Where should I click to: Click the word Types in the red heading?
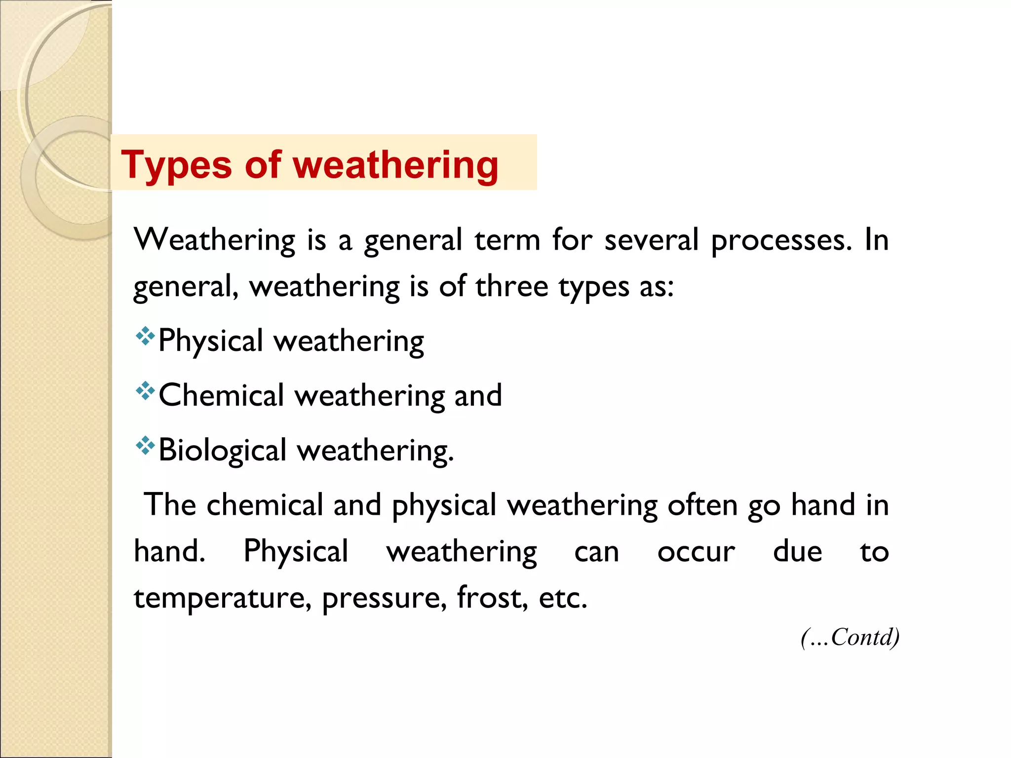(x=176, y=165)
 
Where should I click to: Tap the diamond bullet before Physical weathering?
(x=145, y=337)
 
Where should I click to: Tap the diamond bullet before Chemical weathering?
(x=145, y=391)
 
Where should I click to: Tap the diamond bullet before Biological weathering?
(x=145, y=446)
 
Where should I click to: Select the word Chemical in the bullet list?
(x=222, y=395)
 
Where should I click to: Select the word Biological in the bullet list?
(x=222, y=451)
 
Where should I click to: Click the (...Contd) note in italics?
(x=850, y=637)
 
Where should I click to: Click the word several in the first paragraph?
(x=651, y=240)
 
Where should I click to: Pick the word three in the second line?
(x=511, y=287)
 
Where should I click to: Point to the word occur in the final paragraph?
(x=696, y=552)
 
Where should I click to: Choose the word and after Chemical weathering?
(x=478, y=395)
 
